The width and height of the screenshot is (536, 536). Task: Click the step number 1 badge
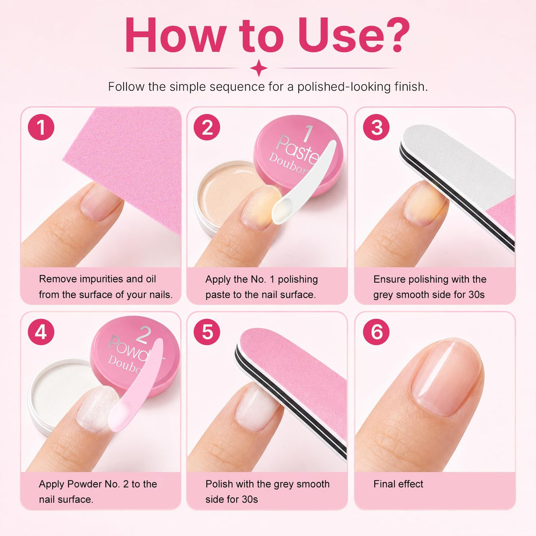pos(41,127)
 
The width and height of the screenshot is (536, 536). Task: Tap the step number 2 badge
pos(207,127)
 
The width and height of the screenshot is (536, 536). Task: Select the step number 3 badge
pos(376,127)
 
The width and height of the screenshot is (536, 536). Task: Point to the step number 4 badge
pos(41,332)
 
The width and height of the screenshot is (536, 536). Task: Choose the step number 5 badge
pos(207,332)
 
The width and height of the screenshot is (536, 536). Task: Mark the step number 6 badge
pos(376,332)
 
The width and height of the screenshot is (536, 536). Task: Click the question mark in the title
pos(397,35)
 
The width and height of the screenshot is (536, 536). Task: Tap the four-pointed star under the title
pos(259,67)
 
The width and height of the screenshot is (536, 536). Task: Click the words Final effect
pos(398,484)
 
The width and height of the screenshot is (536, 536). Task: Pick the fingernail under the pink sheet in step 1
pos(102,201)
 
